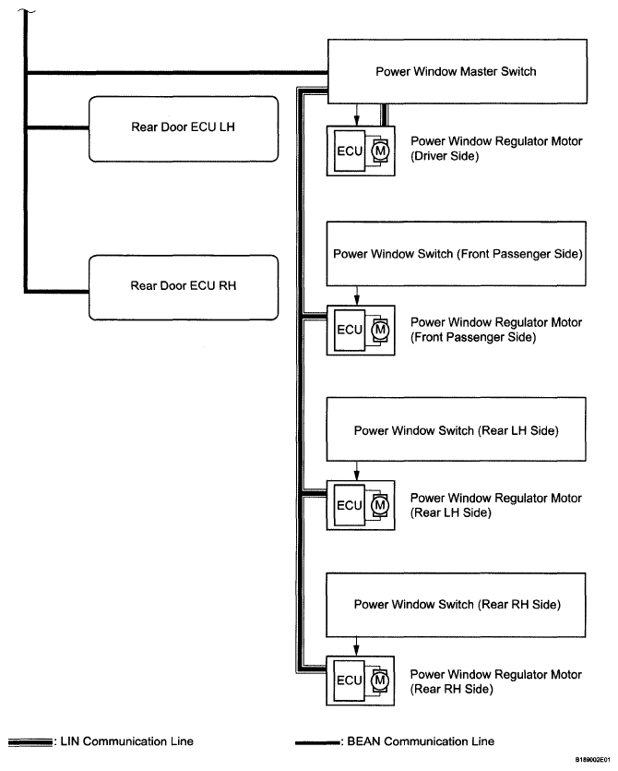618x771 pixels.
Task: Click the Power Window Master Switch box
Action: click(x=457, y=71)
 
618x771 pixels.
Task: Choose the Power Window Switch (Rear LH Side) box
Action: click(x=457, y=430)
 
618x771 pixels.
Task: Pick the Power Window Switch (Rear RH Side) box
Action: click(x=457, y=605)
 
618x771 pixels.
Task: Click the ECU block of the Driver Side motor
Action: click(x=350, y=152)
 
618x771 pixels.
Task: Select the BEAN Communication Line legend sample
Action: click(x=317, y=741)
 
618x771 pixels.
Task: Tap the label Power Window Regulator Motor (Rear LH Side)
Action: click(x=495, y=505)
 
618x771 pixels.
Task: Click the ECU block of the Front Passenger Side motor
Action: click(x=350, y=330)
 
